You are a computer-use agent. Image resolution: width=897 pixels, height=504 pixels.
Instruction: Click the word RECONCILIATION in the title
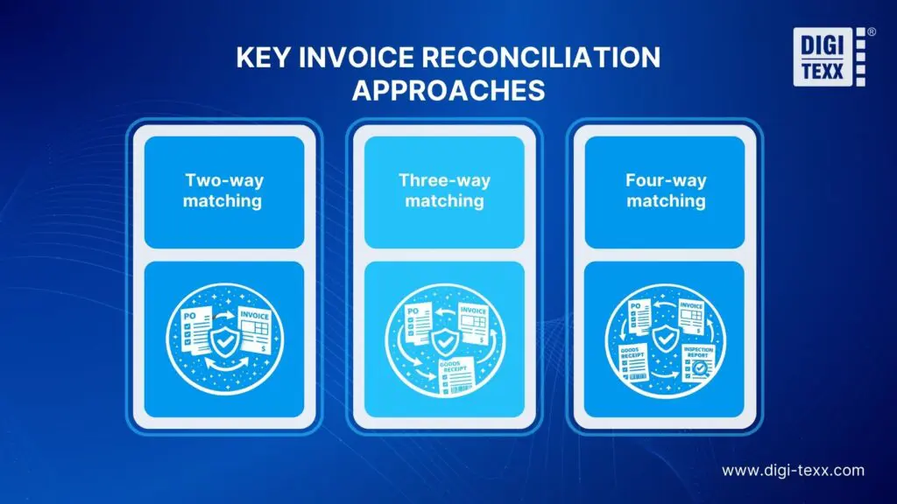[524, 59]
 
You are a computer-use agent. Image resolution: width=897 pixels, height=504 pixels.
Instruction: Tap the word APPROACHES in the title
[448, 90]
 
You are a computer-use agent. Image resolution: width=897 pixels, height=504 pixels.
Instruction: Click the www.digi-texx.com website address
[793, 470]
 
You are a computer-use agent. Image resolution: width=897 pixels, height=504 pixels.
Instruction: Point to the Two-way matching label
[224, 191]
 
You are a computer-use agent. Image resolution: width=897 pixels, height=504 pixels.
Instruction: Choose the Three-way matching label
[444, 191]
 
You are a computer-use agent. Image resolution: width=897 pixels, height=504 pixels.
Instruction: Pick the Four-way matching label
[666, 191]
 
